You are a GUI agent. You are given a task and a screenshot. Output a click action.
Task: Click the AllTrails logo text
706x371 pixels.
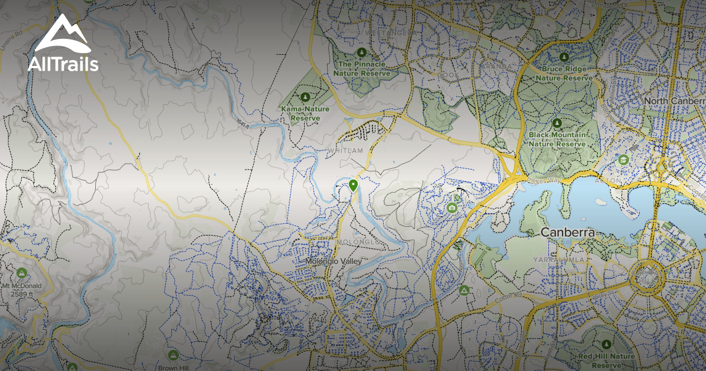[x=63, y=64]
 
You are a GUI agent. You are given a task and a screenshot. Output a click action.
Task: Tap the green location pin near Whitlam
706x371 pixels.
[x=353, y=185]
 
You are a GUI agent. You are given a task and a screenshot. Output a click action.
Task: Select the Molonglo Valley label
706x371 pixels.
[x=332, y=261]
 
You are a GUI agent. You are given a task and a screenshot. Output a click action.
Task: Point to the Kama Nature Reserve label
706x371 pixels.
[x=305, y=113]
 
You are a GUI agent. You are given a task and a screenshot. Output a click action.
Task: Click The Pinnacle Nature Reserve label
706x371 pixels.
[x=362, y=68]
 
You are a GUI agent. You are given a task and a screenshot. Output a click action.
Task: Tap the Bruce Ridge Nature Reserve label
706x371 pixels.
[x=564, y=73]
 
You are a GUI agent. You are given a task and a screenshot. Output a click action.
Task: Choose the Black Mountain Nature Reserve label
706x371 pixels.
[x=557, y=140]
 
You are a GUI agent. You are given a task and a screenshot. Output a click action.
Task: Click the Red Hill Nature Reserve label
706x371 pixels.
[x=606, y=360]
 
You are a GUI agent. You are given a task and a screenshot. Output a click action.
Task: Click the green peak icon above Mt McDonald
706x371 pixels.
[x=22, y=273]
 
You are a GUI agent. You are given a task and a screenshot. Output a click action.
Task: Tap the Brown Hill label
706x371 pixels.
[x=172, y=367]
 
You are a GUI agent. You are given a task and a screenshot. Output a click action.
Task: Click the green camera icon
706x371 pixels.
[x=452, y=207]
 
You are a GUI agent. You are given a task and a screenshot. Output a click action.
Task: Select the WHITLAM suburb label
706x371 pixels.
[x=346, y=151]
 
